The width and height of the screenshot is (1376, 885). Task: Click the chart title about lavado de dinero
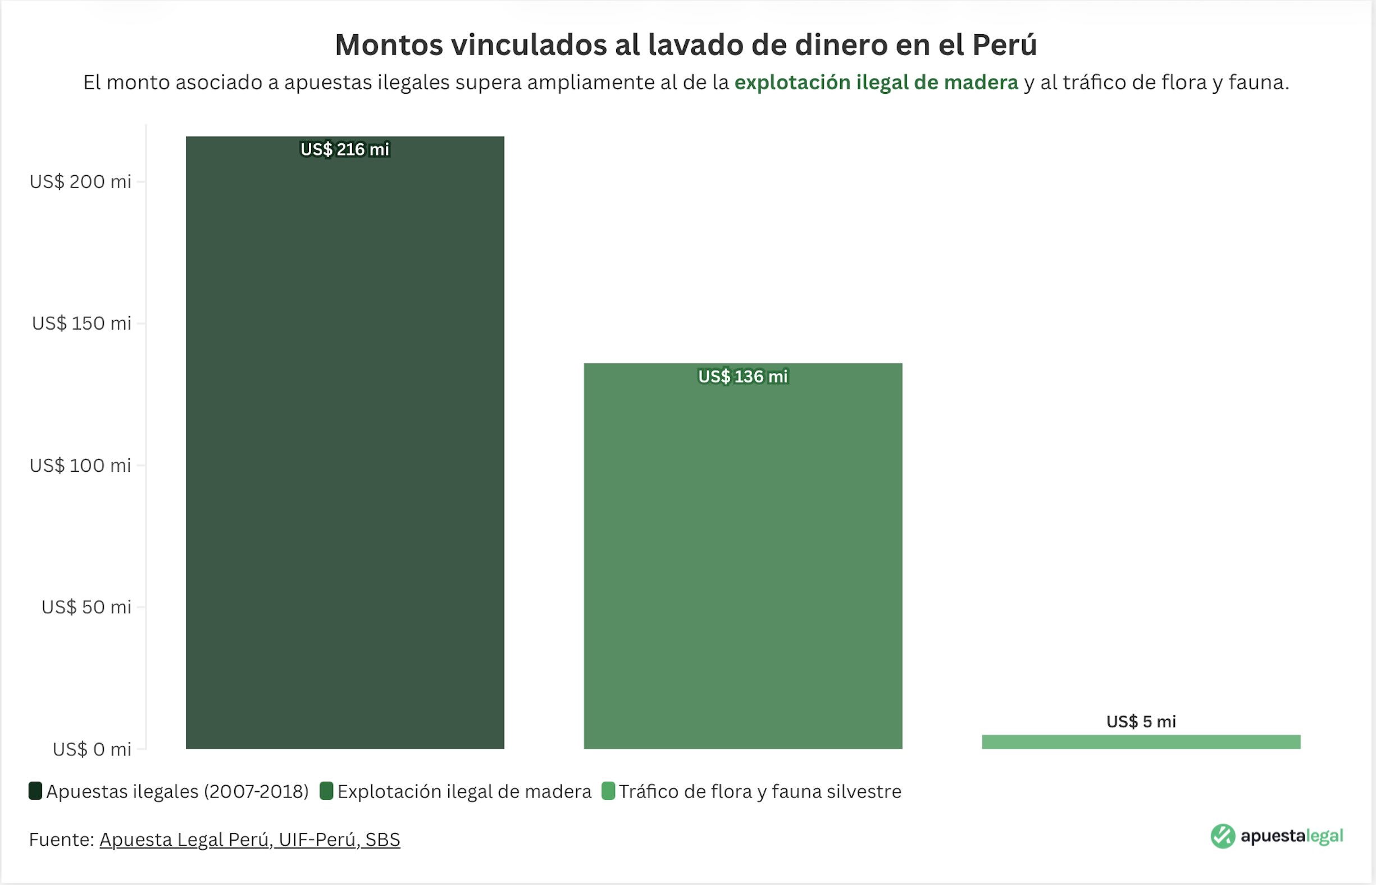[x=686, y=45]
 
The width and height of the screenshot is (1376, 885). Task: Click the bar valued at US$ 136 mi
[x=742, y=563]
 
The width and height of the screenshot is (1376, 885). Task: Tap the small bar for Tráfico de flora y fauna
[x=1141, y=742]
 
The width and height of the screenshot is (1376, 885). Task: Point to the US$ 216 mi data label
[x=344, y=149]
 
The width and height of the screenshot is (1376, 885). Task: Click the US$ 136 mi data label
[x=742, y=376]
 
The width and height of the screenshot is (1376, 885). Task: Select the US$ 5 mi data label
[x=1141, y=721]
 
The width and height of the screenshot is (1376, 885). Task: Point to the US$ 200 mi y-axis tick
[x=80, y=181]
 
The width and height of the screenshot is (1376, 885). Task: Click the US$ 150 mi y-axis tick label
[x=81, y=323]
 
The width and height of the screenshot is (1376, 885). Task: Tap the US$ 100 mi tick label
[x=80, y=465]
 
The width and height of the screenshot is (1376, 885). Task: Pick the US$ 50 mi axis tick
[x=86, y=607]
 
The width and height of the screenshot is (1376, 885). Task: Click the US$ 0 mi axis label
[x=92, y=749]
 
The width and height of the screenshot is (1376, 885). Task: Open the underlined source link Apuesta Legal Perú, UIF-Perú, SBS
[x=249, y=840]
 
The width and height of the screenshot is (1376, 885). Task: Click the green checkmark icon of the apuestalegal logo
[x=1223, y=836]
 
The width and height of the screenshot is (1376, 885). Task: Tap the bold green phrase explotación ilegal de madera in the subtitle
[x=876, y=83]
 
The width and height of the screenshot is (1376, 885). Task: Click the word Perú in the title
[x=1004, y=45]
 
